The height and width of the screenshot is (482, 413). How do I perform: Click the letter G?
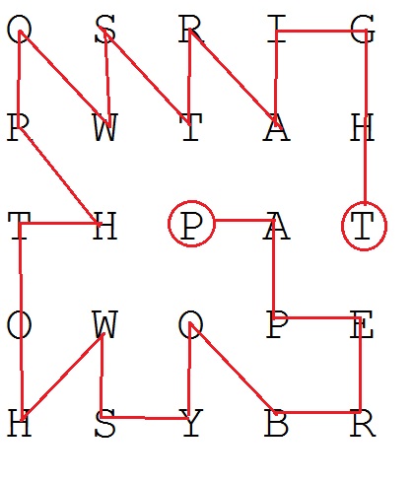(x=362, y=30)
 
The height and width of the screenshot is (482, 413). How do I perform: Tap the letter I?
(x=277, y=29)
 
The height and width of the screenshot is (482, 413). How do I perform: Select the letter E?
(x=362, y=324)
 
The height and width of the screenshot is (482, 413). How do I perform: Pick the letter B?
(x=277, y=423)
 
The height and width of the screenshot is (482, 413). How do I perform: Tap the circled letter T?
(x=364, y=226)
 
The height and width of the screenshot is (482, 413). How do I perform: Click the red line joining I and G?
(x=321, y=32)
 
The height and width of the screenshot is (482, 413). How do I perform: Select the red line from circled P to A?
(x=244, y=221)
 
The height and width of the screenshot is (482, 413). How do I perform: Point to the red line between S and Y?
(x=145, y=418)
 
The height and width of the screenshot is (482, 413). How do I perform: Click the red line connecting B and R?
(x=317, y=412)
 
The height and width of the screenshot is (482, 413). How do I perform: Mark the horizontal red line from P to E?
(x=317, y=317)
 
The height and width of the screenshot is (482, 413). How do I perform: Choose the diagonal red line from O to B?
(x=232, y=368)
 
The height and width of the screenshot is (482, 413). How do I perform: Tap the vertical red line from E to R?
(x=361, y=365)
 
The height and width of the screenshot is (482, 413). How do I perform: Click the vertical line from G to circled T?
(x=366, y=116)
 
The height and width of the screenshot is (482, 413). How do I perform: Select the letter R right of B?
(x=362, y=423)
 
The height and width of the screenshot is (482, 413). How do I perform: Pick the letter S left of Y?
(x=105, y=423)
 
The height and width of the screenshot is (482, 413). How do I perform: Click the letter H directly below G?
(x=362, y=127)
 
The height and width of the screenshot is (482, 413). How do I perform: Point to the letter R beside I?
(x=191, y=29)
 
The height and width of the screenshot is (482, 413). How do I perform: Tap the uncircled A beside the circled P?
(x=277, y=226)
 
